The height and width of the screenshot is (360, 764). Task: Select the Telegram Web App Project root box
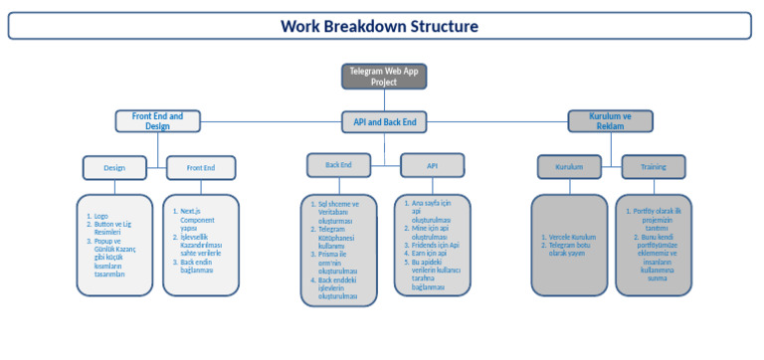coord(384,77)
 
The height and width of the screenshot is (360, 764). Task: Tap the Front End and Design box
coord(157,121)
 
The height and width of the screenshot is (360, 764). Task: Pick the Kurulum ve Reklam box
coord(612,121)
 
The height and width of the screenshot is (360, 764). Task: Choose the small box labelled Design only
coord(114,168)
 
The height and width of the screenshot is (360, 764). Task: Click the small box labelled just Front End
coord(200,168)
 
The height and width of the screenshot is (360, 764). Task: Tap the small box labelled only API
coord(432,165)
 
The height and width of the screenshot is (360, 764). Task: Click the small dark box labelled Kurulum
coord(569,166)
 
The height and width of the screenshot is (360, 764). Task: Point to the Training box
coord(653,166)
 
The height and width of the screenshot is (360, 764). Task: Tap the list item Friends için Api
coord(436,245)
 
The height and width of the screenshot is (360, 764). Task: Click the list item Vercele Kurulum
coord(572,238)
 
